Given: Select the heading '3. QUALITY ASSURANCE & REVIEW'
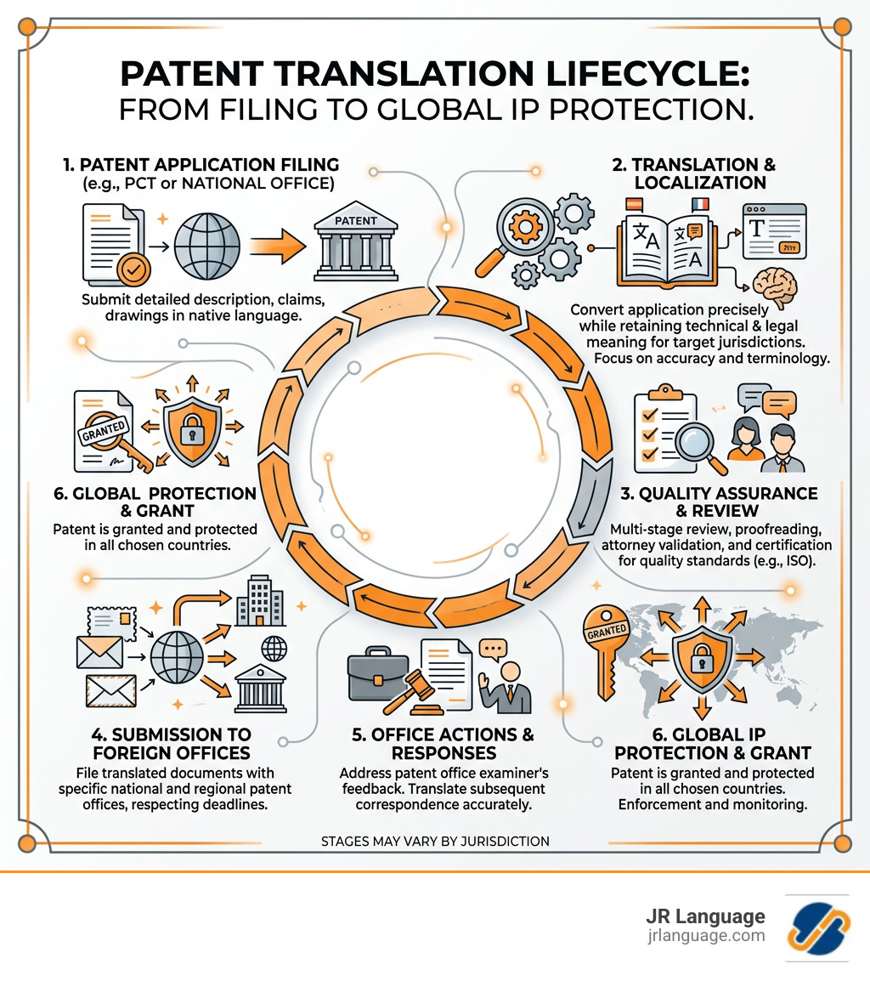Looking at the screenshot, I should coord(728,502).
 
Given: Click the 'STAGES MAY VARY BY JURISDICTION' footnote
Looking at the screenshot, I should coord(435,841).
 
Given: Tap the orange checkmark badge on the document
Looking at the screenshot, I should coord(133,269).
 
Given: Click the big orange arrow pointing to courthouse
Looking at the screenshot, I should coord(279,250).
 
